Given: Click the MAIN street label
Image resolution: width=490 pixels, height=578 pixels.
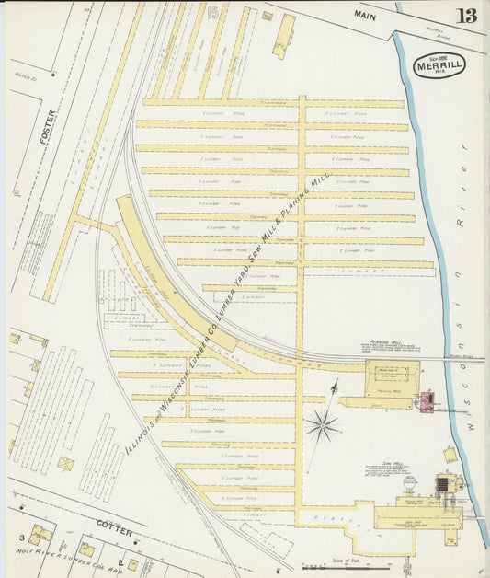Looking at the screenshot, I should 366,15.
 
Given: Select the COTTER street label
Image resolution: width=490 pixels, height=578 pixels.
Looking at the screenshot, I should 115,532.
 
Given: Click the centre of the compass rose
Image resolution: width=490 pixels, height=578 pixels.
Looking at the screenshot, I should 322,424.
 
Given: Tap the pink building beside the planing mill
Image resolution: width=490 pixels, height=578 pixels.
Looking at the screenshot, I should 427,401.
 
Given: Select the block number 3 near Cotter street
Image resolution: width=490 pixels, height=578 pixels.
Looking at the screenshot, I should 18,537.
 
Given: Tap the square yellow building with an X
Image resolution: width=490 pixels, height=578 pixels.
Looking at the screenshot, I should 65,463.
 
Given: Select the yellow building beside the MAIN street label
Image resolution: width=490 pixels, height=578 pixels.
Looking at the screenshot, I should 284,35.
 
